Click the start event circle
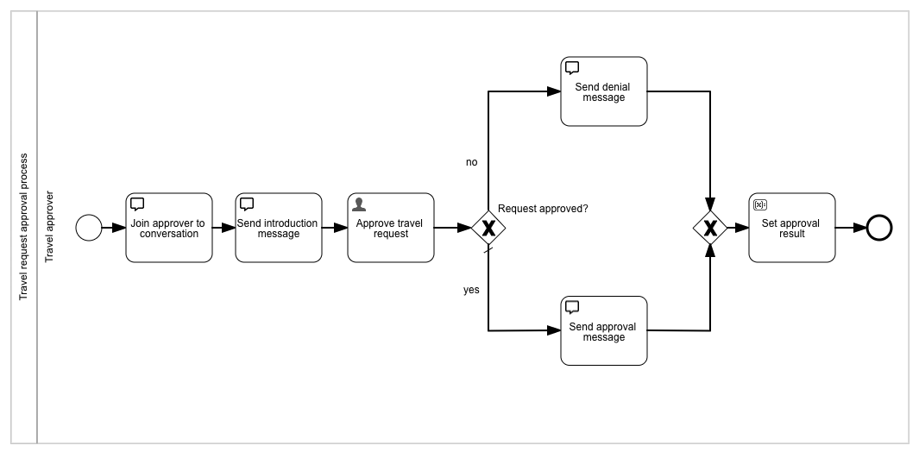(x=89, y=228)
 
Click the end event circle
(x=878, y=228)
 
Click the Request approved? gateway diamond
(x=488, y=228)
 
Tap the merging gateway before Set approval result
(x=710, y=228)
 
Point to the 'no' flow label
(x=471, y=162)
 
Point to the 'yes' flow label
(x=471, y=290)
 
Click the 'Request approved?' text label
(x=543, y=209)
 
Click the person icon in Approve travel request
(x=359, y=204)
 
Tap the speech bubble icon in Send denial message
(x=571, y=68)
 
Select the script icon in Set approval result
(x=759, y=204)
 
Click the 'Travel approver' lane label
(x=49, y=227)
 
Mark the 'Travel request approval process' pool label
(x=24, y=227)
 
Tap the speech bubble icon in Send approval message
(x=571, y=307)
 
